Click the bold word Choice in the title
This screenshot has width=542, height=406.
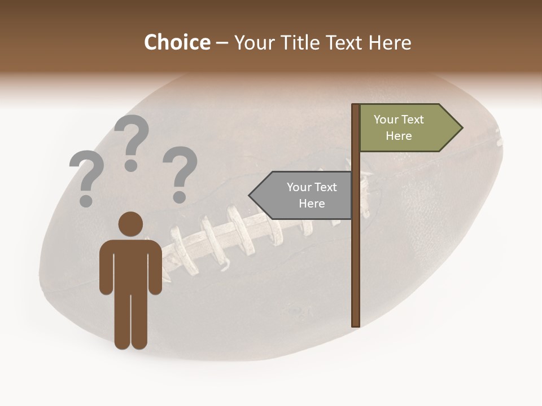pos(177,42)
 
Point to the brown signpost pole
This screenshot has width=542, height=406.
pos(356,254)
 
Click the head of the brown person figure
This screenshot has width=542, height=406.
pos(130,224)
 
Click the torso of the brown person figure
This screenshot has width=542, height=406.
pos(130,265)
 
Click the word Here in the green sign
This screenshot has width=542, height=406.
pos(399,136)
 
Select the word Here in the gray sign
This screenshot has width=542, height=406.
pos(312,204)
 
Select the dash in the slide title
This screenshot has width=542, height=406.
pos(222,43)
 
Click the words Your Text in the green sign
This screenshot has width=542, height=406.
pos(399,120)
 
